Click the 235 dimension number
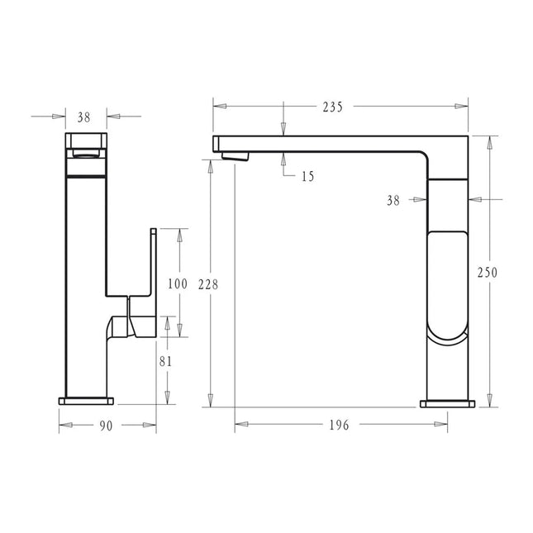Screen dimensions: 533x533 pos(333,107)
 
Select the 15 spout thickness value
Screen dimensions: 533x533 pos(307,176)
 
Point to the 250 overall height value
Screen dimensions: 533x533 pos(490,273)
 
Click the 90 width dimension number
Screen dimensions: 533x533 pos(107,426)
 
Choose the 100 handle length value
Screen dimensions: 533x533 pos(177,284)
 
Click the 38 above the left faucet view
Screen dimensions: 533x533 pos(85,117)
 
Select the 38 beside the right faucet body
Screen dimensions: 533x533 pos(393,199)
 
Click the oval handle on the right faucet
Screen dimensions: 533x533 pos(446,286)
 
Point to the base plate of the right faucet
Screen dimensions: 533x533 pos(448,403)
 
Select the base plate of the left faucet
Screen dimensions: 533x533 pos(87,401)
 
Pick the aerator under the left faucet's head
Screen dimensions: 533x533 pos(86,152)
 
